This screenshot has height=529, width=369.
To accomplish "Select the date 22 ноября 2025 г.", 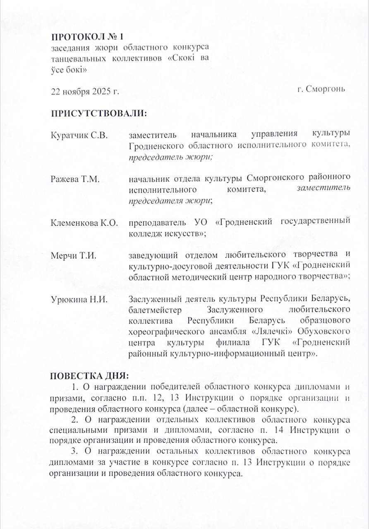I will click(85, 91).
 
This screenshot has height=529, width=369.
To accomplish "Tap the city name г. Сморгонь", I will click(321, 89).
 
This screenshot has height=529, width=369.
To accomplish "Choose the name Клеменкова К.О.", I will click(84, 223).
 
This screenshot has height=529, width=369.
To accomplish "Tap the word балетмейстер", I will click(156, 310).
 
